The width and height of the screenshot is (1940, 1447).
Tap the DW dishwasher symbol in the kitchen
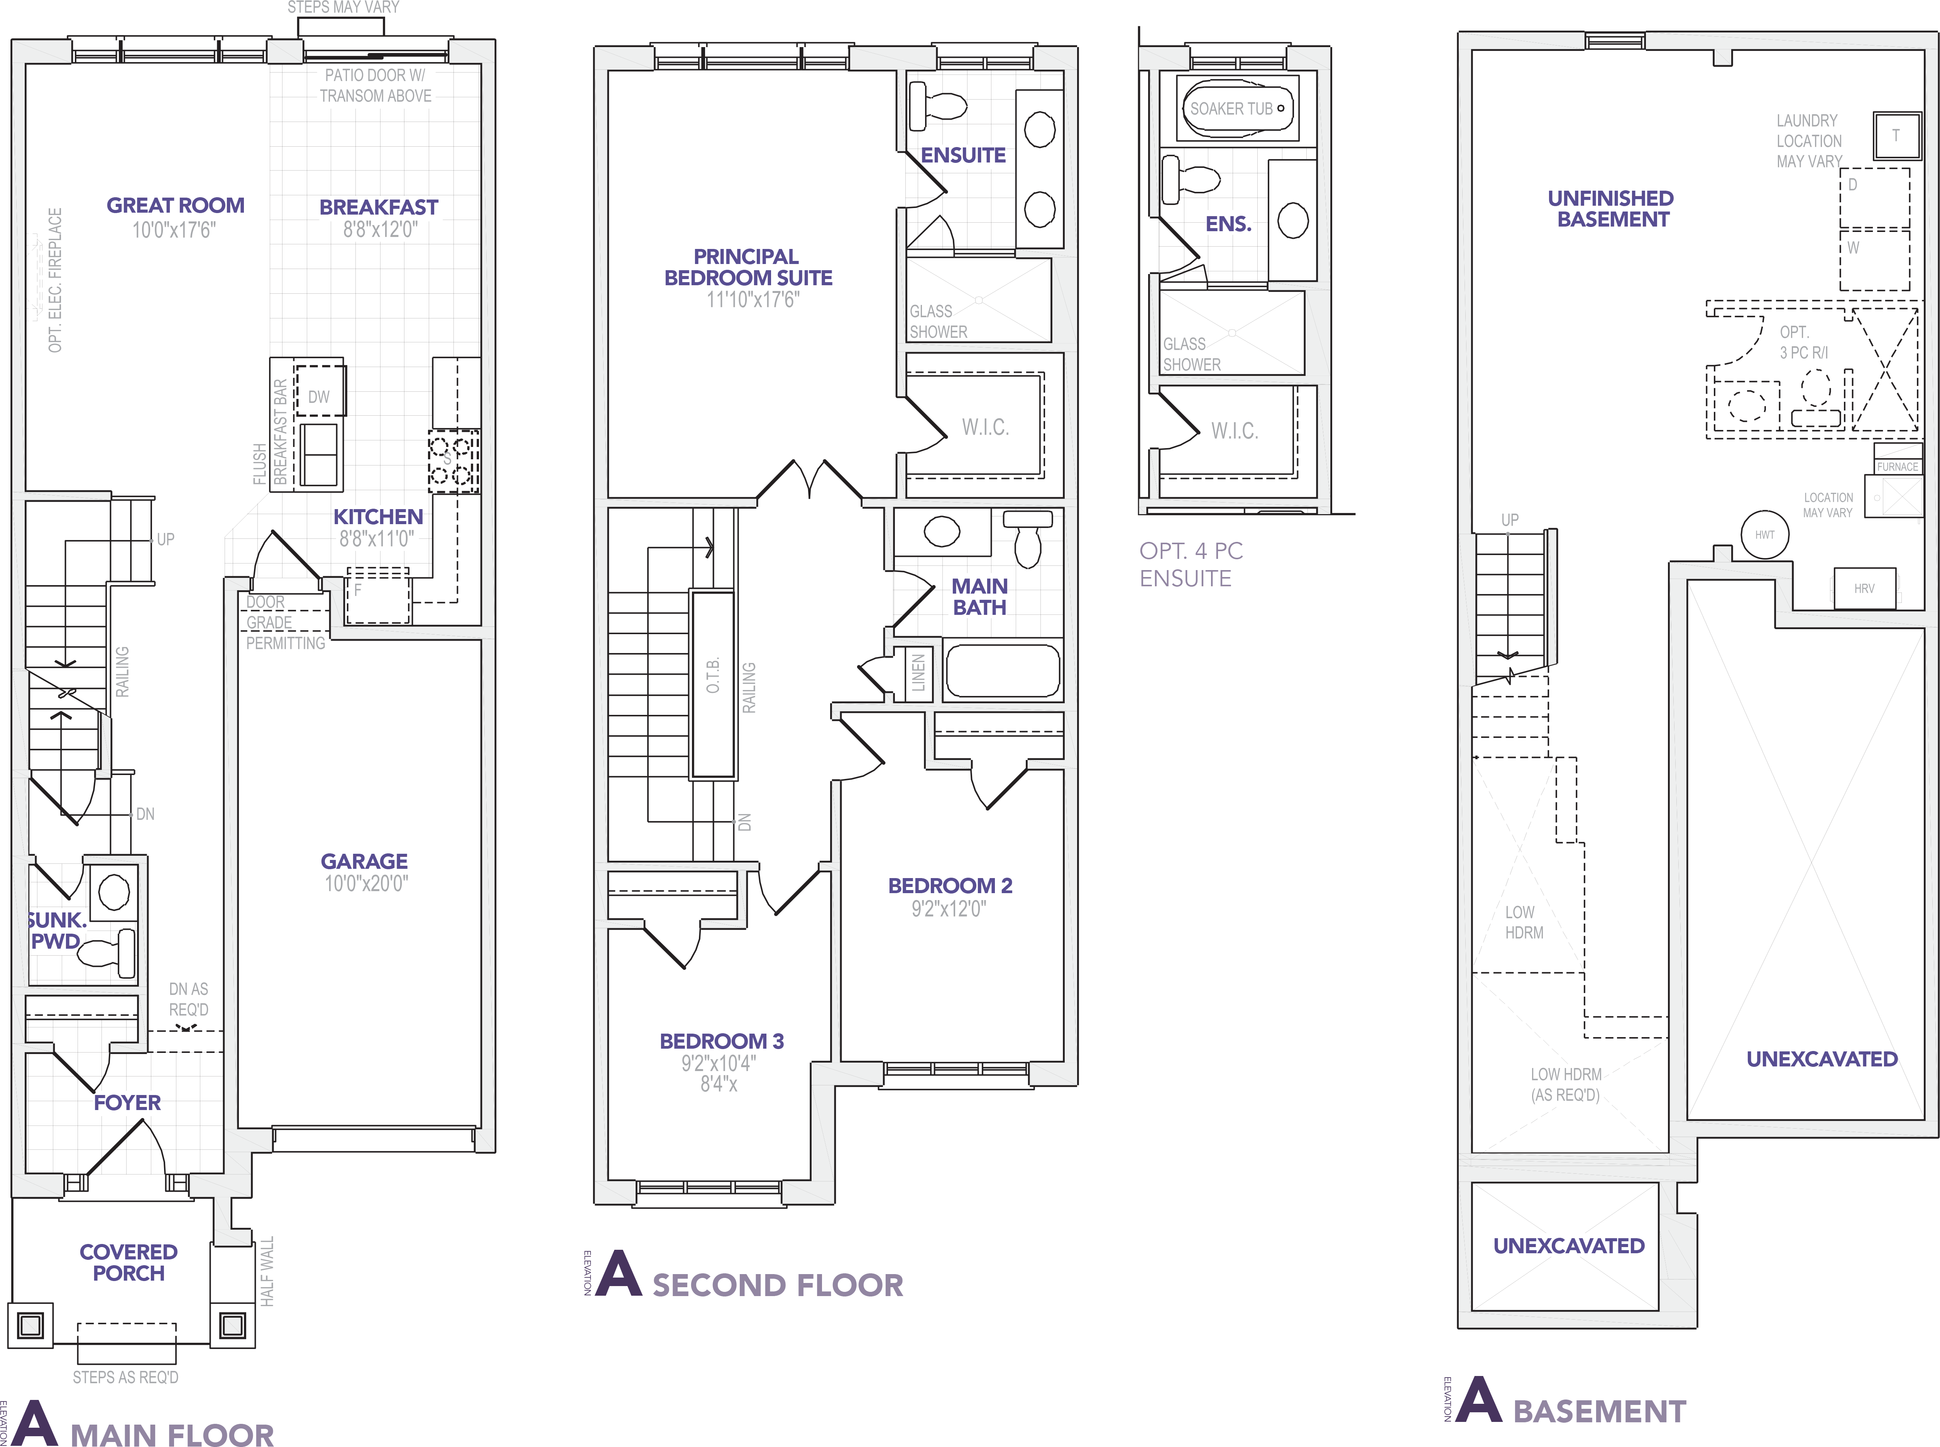[319, 397]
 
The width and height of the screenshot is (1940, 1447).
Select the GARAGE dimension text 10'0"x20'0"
[366, 884]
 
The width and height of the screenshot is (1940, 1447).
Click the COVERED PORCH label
[129, 1262]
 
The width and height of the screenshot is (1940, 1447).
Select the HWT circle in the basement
[1764, 534]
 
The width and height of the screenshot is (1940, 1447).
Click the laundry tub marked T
[1896, 136]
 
